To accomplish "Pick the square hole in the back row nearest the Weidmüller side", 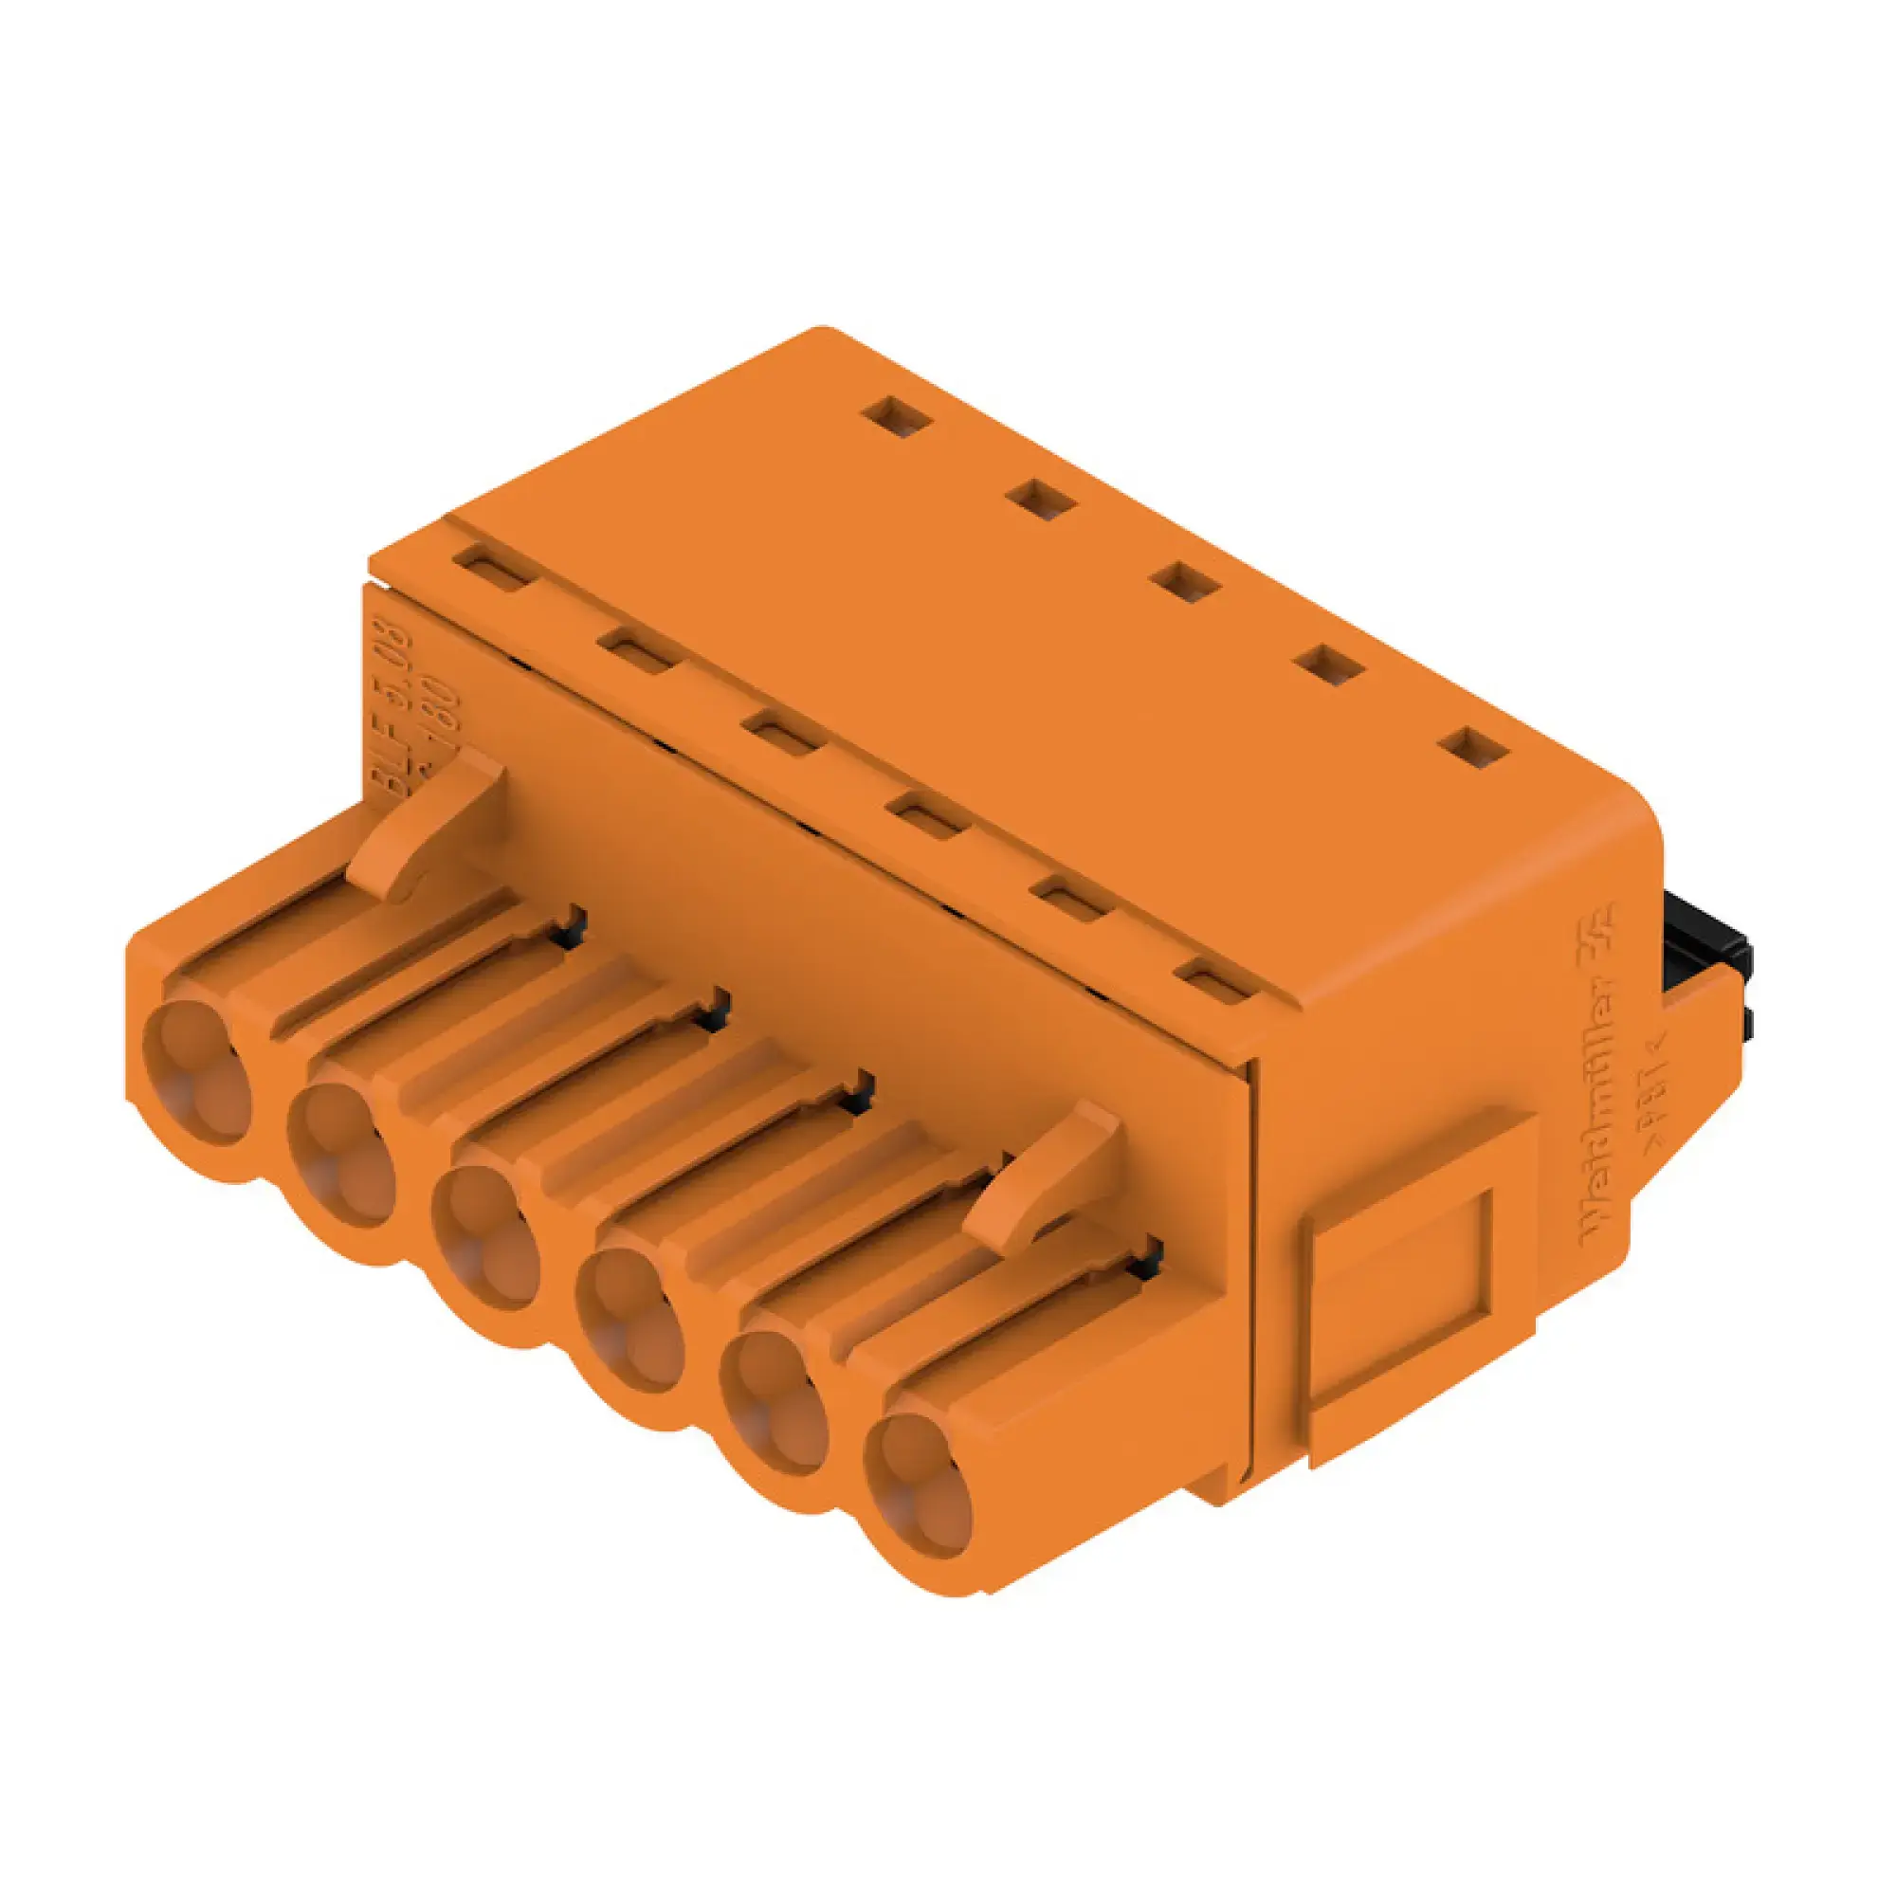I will click(x=1480, y=751).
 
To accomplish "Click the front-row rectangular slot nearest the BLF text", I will click(x=494, y=571).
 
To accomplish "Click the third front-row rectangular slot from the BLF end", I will click(x=780, y=736).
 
